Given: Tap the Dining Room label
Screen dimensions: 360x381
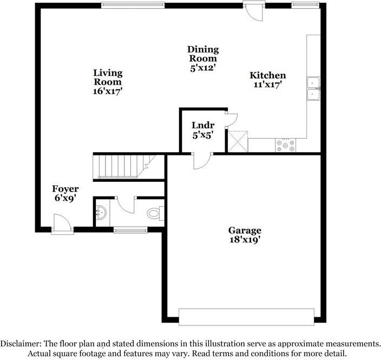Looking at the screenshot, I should pyautogui.click(x=202, y=54).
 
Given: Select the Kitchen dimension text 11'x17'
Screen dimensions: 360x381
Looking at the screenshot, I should pyautogui.click(x=267, y=84).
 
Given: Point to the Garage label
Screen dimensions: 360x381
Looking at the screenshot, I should pyautogui.click(x=245, y=230).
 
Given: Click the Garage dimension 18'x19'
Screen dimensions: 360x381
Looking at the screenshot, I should pyautogui.click(x=245, y=240).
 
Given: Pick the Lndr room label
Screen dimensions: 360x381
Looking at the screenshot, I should pyautogui.click(x=202, y=125).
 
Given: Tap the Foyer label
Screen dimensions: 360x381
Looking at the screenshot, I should pyautogui.click(x=65, y=189).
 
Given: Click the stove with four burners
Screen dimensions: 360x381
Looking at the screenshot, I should pyautogui.click(x=286, y=145).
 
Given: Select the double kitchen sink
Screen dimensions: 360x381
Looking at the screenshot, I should pyautogui.click(x=313, y=88).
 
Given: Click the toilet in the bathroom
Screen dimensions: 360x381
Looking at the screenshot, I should pyautogui.click(x=154, y=213).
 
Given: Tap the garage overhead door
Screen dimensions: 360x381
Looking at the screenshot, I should pyautogui.click(x=246, y=317).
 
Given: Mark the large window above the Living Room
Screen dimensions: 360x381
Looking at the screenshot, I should pyautogui.click(x=133, y=5).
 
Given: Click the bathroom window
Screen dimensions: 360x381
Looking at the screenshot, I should pyautogui.click(x=130, y=230).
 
